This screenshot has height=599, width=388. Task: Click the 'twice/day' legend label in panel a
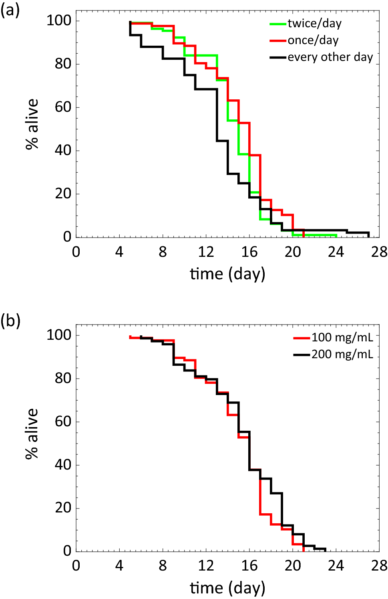pos(314,24)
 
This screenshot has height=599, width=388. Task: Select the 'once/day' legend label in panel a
pos(313,40)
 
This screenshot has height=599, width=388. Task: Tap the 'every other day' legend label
pos(330,57)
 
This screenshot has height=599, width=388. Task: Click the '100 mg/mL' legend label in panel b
pos(342,338)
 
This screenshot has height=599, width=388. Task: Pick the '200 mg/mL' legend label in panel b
pos(342,355)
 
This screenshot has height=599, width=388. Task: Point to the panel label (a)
pos(10,10)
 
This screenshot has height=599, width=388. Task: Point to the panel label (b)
pos(10,321)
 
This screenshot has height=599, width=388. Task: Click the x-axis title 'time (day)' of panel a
pos(227,274)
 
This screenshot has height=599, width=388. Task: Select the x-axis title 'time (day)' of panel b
pos(227,588)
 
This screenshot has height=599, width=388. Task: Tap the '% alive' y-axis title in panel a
pos(32,124)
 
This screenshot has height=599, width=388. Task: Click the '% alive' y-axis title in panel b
pos(32,434)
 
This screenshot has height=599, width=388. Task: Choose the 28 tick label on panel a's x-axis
pos(379,252)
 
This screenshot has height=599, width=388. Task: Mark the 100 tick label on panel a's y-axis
pos(59,20)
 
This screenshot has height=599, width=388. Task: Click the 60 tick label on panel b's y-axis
pos(63,422)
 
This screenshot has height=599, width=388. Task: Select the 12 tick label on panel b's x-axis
pos(206,566)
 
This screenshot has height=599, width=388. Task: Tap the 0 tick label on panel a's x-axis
pos(76,252)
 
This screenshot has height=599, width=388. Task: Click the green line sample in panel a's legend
pos(278,24)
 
